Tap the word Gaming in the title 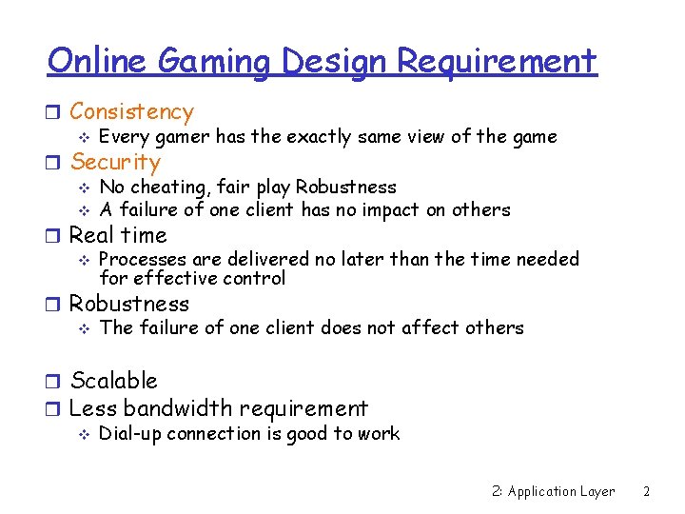[215, 63]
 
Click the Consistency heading [131, 112]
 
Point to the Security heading [115, 163]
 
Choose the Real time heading [118, 235]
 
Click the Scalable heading [113, 381]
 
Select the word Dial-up [131, 434]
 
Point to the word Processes [142, 259]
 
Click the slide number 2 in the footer [646, 492]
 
